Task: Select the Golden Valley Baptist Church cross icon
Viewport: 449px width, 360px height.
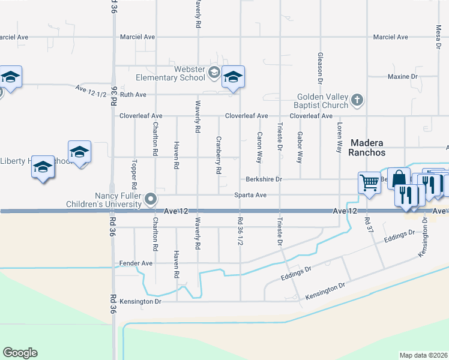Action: [357, 100]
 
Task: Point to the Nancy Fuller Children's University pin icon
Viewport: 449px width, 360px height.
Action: [151, 199]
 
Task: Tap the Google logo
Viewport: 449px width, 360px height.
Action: [20, 353]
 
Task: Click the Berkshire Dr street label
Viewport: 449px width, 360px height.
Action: [264, 179]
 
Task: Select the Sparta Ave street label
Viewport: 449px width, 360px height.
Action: [250, 195]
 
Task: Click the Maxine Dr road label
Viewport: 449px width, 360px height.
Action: [402, 77]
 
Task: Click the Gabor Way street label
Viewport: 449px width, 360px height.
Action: [300, 148]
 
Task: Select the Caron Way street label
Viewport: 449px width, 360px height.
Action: [259, 148]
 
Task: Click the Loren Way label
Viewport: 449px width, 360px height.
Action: [339, 137]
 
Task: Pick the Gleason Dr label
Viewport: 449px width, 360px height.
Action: [320, 67]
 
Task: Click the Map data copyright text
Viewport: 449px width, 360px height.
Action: [423, 355]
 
